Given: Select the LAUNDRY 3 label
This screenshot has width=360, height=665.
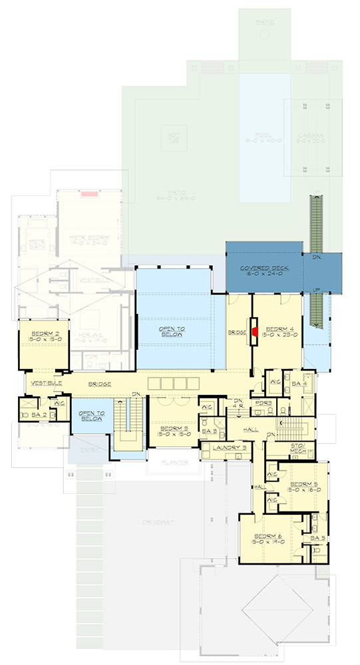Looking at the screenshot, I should coord(226,448).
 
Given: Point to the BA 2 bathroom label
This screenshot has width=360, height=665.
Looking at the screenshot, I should coord(37,415).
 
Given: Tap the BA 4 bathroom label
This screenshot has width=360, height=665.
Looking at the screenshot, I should coord(299,384).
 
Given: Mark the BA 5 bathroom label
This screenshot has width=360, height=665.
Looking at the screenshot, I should coord(317,537).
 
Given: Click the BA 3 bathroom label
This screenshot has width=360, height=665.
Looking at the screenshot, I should coord(208,431).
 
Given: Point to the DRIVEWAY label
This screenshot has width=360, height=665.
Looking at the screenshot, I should coord(157,522).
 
